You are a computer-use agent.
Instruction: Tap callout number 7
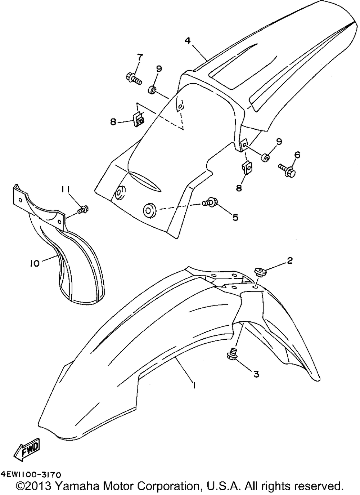tap(139, 57)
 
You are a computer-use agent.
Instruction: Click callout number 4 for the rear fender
tap(187, 41)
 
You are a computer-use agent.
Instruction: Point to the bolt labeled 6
tap(287, 169)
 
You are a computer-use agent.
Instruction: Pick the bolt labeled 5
tap(209, 203)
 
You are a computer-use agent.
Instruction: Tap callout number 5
tap(235, 217)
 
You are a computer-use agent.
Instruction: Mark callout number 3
tap(256, 374)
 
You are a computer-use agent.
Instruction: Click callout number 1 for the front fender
tap(194, 385)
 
